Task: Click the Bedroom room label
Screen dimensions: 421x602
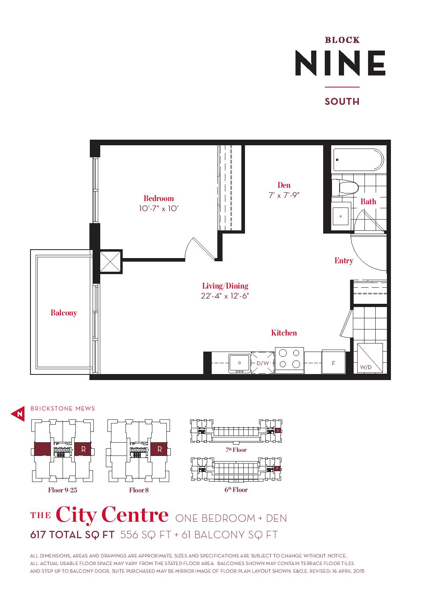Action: (159, 198)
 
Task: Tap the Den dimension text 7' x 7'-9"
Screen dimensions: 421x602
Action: (284, 195)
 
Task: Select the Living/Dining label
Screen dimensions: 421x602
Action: (225, 286)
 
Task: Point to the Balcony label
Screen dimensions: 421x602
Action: (64, 313)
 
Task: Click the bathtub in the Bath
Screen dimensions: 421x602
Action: (358, 160)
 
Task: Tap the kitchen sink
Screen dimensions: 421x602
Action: (239, 363)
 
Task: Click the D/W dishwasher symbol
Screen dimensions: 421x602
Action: (263, 363)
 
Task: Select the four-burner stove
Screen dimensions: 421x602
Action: (289, 360)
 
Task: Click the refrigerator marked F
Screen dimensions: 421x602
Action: (334, 362)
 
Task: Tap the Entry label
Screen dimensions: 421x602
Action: (344, 260)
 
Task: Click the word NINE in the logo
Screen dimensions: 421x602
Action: (340, 63)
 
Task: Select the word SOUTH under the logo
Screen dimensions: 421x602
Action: (342, 101)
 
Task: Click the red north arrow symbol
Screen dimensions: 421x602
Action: (18, 414)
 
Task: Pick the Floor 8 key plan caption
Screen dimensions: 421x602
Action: (139, 490)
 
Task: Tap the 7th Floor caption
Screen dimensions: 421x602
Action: (236, 450)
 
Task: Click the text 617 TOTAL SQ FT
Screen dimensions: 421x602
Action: (72, 535)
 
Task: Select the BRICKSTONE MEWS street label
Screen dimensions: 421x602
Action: (63, 409)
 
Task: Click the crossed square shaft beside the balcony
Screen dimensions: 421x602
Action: (110, 262)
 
